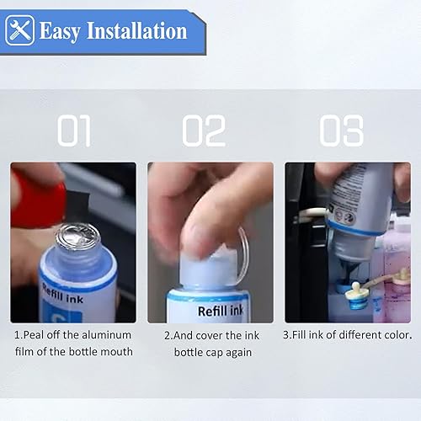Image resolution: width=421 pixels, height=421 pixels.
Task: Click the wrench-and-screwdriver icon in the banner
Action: click(x=19, y=31)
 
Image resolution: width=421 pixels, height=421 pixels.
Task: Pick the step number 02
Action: click(x=204, y=131)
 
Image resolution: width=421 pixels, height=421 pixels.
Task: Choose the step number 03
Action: click(x=341, y=131)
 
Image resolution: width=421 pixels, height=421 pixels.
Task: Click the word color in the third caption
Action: click(x=395, y=335)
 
